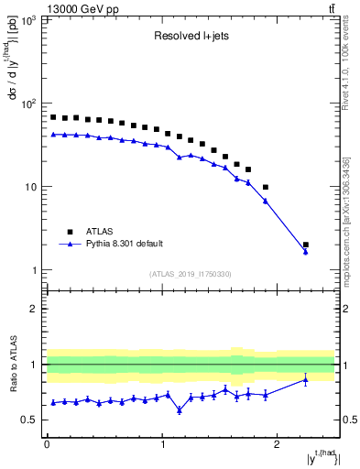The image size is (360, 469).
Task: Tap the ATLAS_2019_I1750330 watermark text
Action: [190, 274]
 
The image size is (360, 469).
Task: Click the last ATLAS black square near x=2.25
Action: [306, 245]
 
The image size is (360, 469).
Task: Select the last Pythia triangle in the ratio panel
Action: [306, 379]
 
